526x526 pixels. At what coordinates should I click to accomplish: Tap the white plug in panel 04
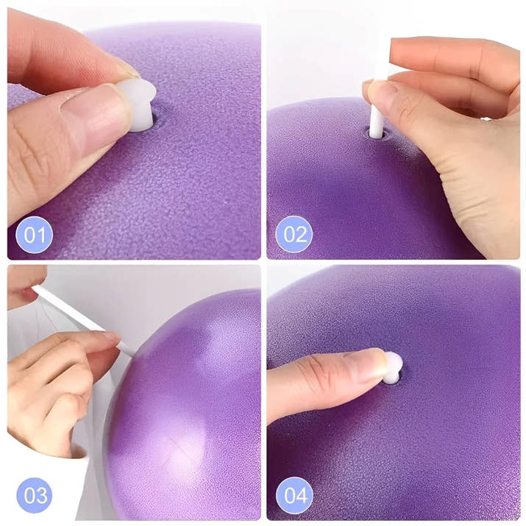(393, 367)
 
